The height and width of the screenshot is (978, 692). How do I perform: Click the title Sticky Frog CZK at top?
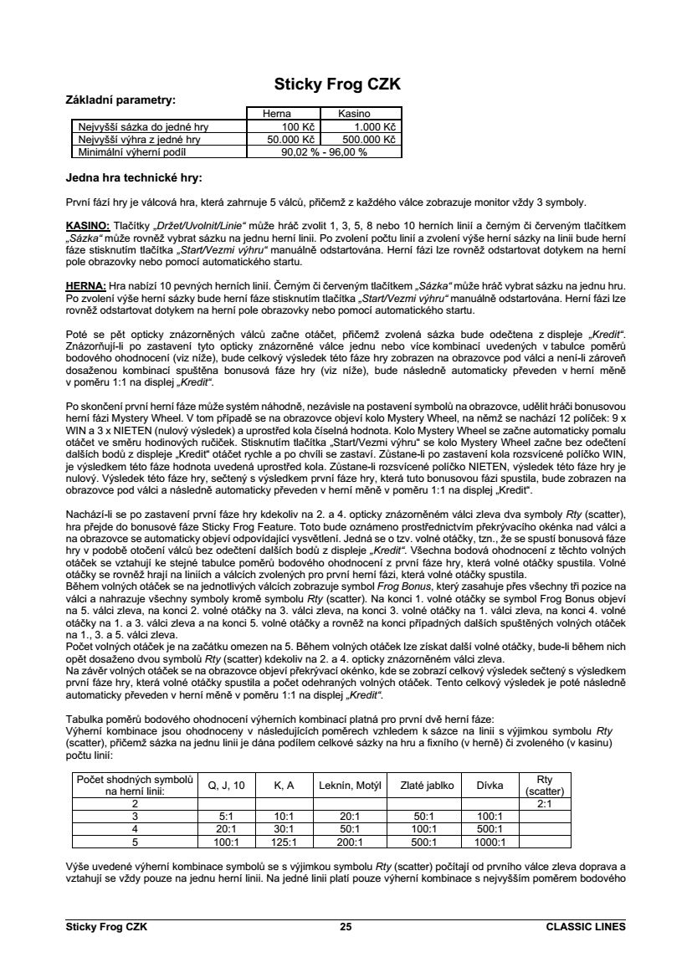pyautogui.click(x=337, y=84)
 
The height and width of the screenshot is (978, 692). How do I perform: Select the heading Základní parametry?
pyautogui.click(x=120, y=100)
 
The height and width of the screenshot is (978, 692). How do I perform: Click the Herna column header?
pyautogui.click(x=277, y=113)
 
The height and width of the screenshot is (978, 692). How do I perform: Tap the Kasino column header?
pyautogui.click(x=354, y=113)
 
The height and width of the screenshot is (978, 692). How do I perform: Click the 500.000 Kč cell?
pyautogui.click(x=369, y=140)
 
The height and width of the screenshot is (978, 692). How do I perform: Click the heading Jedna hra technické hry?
pyautogui.click(x=134, y=177)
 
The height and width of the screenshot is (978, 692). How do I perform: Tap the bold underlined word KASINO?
pyautogui.click(x=88, y=226)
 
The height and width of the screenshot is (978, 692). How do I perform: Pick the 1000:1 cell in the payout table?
pyautogui.click(x=490, y=842)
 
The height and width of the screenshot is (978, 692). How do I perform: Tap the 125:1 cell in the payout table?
pyautogui.click(x=284, y=842)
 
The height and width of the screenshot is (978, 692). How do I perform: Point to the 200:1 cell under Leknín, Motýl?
pyautogui.click(x=350, y=842)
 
